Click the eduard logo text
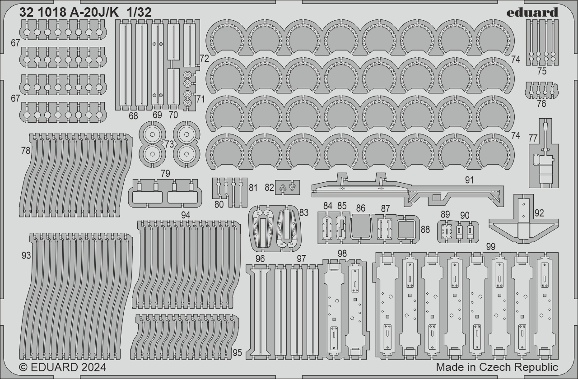(532, 12)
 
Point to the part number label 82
(270, 187)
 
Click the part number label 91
(470, 180)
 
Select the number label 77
(533, 139)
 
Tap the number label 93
(26, 256)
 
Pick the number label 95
(238, 352)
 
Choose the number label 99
(491, 246)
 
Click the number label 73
(169, 144)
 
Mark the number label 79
(165, 174)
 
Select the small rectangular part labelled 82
(287, 187)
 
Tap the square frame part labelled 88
(408, 230)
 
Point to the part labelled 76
(541, 90)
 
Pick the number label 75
(542, 71)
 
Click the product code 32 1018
(43, 13)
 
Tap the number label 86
(360, 208)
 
